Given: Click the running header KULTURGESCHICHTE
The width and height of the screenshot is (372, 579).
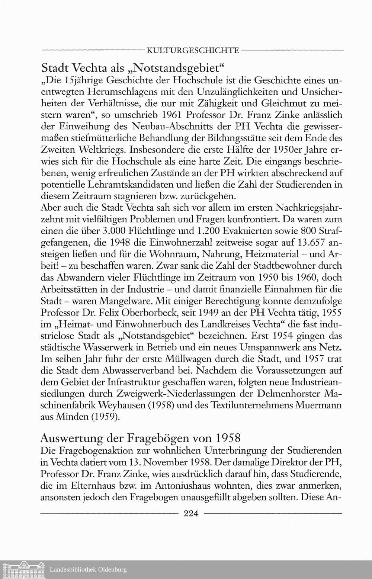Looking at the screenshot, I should [x=193, y=49].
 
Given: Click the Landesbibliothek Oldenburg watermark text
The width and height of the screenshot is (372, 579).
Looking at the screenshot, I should [x=88, y=569].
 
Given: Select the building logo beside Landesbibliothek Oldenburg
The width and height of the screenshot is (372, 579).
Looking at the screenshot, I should [x=23, y=569].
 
